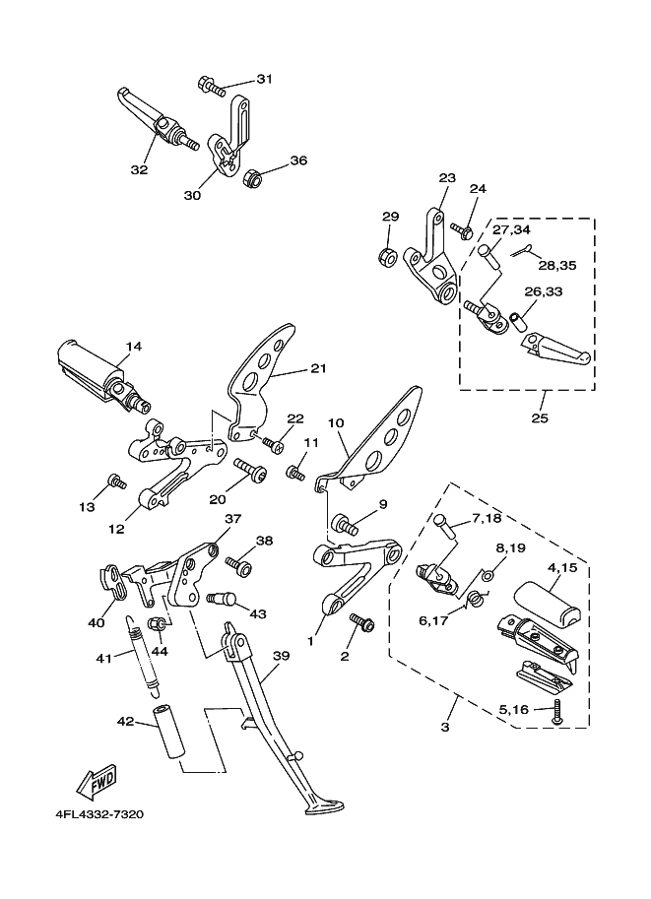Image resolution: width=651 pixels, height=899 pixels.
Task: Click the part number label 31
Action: (264, 79)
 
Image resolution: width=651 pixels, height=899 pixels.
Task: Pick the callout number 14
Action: (134, 346)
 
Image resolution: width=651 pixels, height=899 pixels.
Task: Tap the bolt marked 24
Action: (461, 228)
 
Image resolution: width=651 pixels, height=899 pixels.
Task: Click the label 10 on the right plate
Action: (336, 422)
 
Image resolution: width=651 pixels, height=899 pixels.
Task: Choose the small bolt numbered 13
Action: (117, 481)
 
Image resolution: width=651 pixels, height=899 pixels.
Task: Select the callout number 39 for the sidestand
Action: (281, 656)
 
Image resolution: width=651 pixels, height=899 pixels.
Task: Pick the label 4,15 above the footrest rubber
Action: (561, 567)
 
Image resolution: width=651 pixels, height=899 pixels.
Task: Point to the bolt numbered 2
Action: (361, 622)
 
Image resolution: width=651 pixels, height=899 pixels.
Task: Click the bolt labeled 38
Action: (239, 565)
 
